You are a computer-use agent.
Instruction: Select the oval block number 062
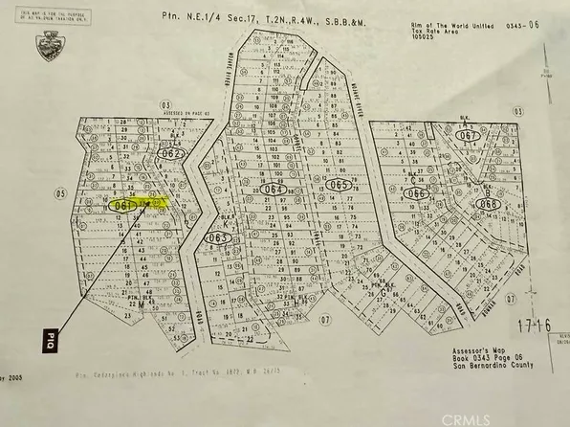[171, 152]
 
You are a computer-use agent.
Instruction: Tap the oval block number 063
[218, 237]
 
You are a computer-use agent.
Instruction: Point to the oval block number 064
[274, 190]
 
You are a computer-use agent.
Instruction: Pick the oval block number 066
[417, 192]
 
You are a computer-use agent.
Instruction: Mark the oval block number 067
[468, 136]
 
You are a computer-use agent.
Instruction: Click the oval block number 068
[489, 203]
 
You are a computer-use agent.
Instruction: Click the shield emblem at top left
[45, 43]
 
